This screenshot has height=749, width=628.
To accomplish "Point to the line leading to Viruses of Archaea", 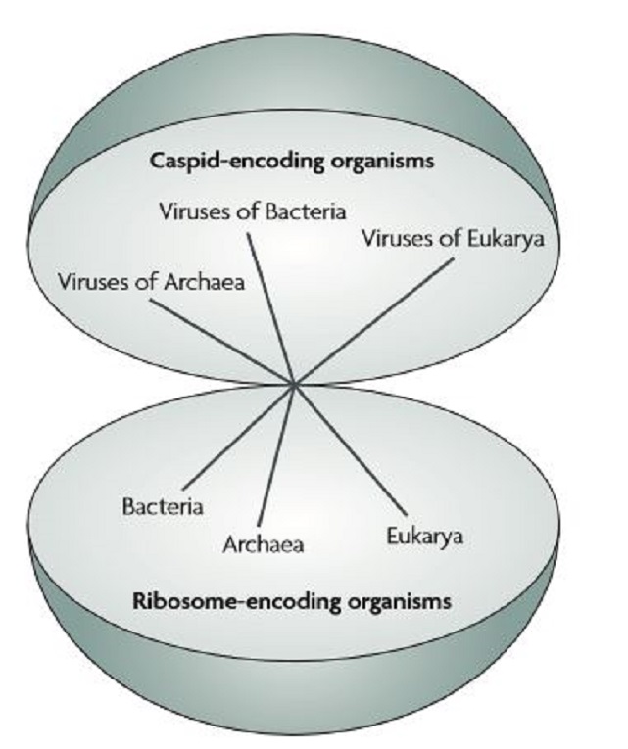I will (x=224, y=342).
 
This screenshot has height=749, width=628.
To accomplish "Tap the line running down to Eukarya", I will (x=347, y=446).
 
